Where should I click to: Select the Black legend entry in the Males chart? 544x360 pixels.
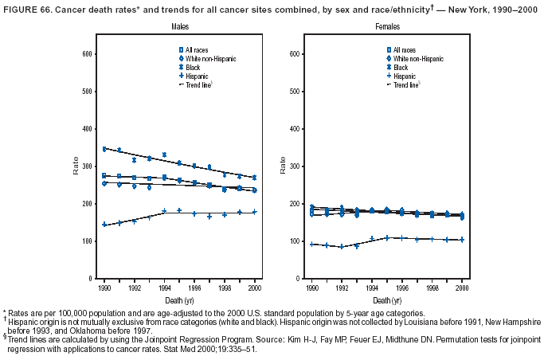pyautogui.click(x=194, y=68)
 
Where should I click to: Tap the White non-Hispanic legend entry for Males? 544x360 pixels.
pyautogui.click(x=207, y=59)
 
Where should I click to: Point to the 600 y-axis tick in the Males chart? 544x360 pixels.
pyautogui.click(x=87, y=53)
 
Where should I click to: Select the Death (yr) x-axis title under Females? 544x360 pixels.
pyautogui.click(x=387, y=300)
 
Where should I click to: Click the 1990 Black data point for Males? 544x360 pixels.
pyautogui.click(x=104, y=149)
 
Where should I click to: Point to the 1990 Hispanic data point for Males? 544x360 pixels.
pyautogui.click(x=104, y=225)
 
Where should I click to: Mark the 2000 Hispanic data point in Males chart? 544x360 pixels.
pyautogui.click(x=254, y=212)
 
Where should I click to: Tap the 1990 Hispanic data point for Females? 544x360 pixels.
pyautogui.click(x=312, y=245)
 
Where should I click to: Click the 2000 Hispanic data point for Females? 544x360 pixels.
pyautogui.click(x=462, y=240)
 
